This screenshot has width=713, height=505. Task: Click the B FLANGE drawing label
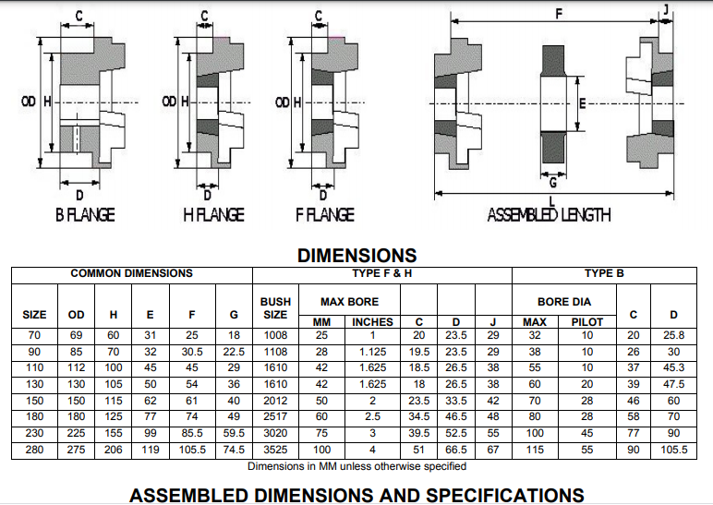(x=85, y=215)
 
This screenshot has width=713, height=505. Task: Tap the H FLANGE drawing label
(x=213, y=215)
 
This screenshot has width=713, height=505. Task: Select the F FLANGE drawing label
(x=324, y=215)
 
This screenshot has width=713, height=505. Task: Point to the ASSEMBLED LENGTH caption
(x=549, y=215)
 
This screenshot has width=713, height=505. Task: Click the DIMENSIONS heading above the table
(x=356, y=256)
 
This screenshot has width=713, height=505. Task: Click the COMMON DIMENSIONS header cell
(x=131, y=273)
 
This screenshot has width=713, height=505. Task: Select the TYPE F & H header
(x=381, y=273)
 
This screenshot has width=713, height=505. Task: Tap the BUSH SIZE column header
(x=275, y=307)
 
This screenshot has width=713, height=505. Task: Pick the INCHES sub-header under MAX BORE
(x=372, y=321)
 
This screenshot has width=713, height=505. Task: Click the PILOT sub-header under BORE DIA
(x=586, y=321)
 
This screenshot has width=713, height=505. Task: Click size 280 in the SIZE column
(x=34, y=451)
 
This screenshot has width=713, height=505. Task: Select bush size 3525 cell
(x=275, y=451)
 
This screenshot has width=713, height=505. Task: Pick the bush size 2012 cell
(x=275, y=402)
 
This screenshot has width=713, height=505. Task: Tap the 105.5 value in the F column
(x=192, y=451)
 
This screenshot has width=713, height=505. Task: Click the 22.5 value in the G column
(x=234, y=352)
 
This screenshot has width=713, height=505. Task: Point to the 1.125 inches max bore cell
(x=372, y=352)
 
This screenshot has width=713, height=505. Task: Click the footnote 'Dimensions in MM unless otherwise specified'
(x=356, y=466)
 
